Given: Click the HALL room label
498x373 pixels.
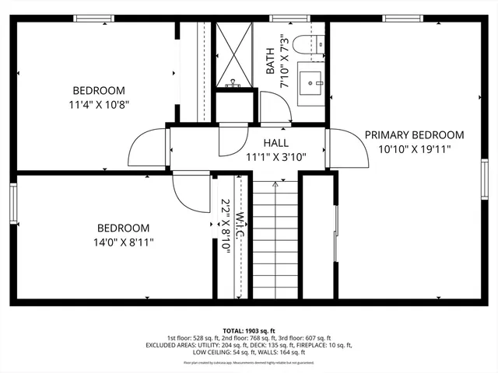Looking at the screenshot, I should pos(275,143).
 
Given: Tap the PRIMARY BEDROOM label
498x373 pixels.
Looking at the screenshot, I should pos(415,134).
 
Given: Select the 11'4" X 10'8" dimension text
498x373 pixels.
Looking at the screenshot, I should pos(100,102).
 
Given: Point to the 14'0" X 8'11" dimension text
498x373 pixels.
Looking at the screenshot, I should pos(123,242).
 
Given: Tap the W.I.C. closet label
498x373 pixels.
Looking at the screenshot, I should pos(240,225).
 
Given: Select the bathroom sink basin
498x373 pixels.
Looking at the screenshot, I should pos(314,80).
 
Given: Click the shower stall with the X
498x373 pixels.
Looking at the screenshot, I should pos(234,54).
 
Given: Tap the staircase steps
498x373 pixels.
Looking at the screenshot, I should pos(275,241).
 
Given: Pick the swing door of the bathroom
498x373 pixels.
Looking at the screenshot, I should pos(274,106).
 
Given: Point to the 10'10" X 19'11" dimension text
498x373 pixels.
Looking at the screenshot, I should pos(415,148).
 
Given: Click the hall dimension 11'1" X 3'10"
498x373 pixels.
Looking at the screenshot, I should pos(275,156).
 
